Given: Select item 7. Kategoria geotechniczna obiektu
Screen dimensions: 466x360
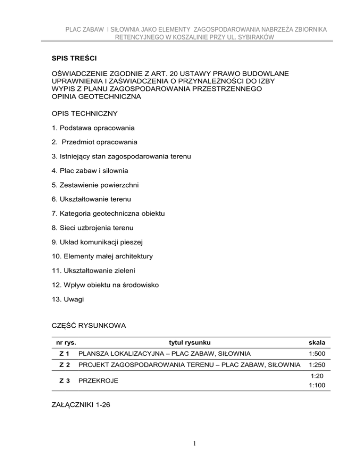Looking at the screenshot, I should pos(108,214).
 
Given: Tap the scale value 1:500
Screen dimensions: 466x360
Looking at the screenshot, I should pos(318,353).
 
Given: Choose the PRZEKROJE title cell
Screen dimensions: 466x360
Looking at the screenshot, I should pos(98,382).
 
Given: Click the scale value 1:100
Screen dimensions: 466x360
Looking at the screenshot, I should pos(318,387).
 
